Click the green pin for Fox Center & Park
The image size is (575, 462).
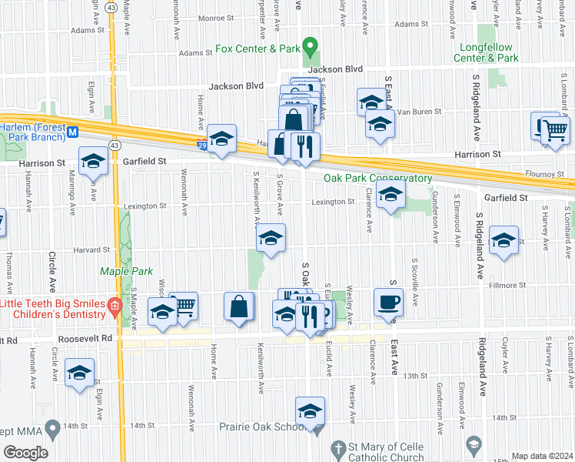310,48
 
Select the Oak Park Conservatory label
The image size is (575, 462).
377,178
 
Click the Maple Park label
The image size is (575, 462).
127,271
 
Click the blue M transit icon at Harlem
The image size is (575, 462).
73,132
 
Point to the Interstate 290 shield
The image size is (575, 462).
201,144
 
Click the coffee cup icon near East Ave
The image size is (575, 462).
388,302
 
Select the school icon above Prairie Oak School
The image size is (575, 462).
310,411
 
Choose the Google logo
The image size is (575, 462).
25,452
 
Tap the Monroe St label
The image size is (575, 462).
215,18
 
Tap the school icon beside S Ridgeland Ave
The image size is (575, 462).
504,240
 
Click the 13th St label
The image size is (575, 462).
416,375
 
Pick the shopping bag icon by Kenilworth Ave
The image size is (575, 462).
240,306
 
